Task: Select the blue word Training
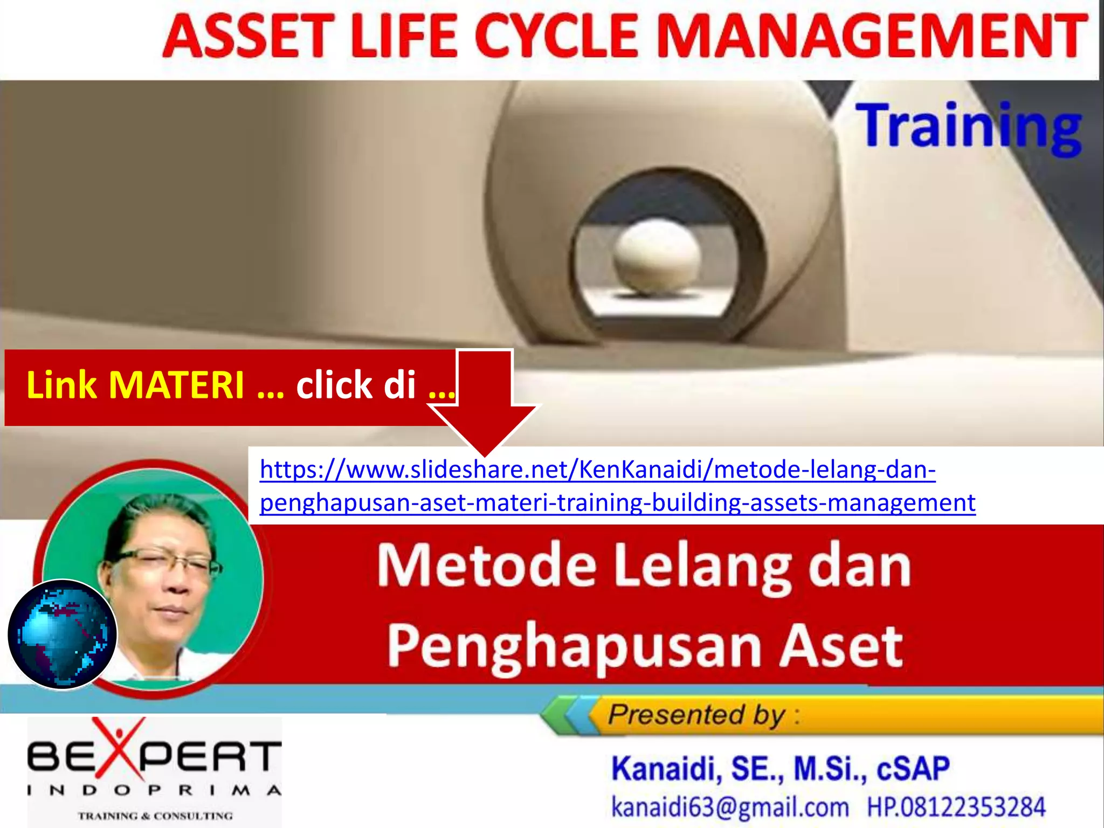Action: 968,127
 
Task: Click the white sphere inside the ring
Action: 657,259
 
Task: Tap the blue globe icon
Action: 63,634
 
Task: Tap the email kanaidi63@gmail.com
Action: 730,808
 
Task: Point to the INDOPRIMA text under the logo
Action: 154,791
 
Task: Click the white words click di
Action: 356,385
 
